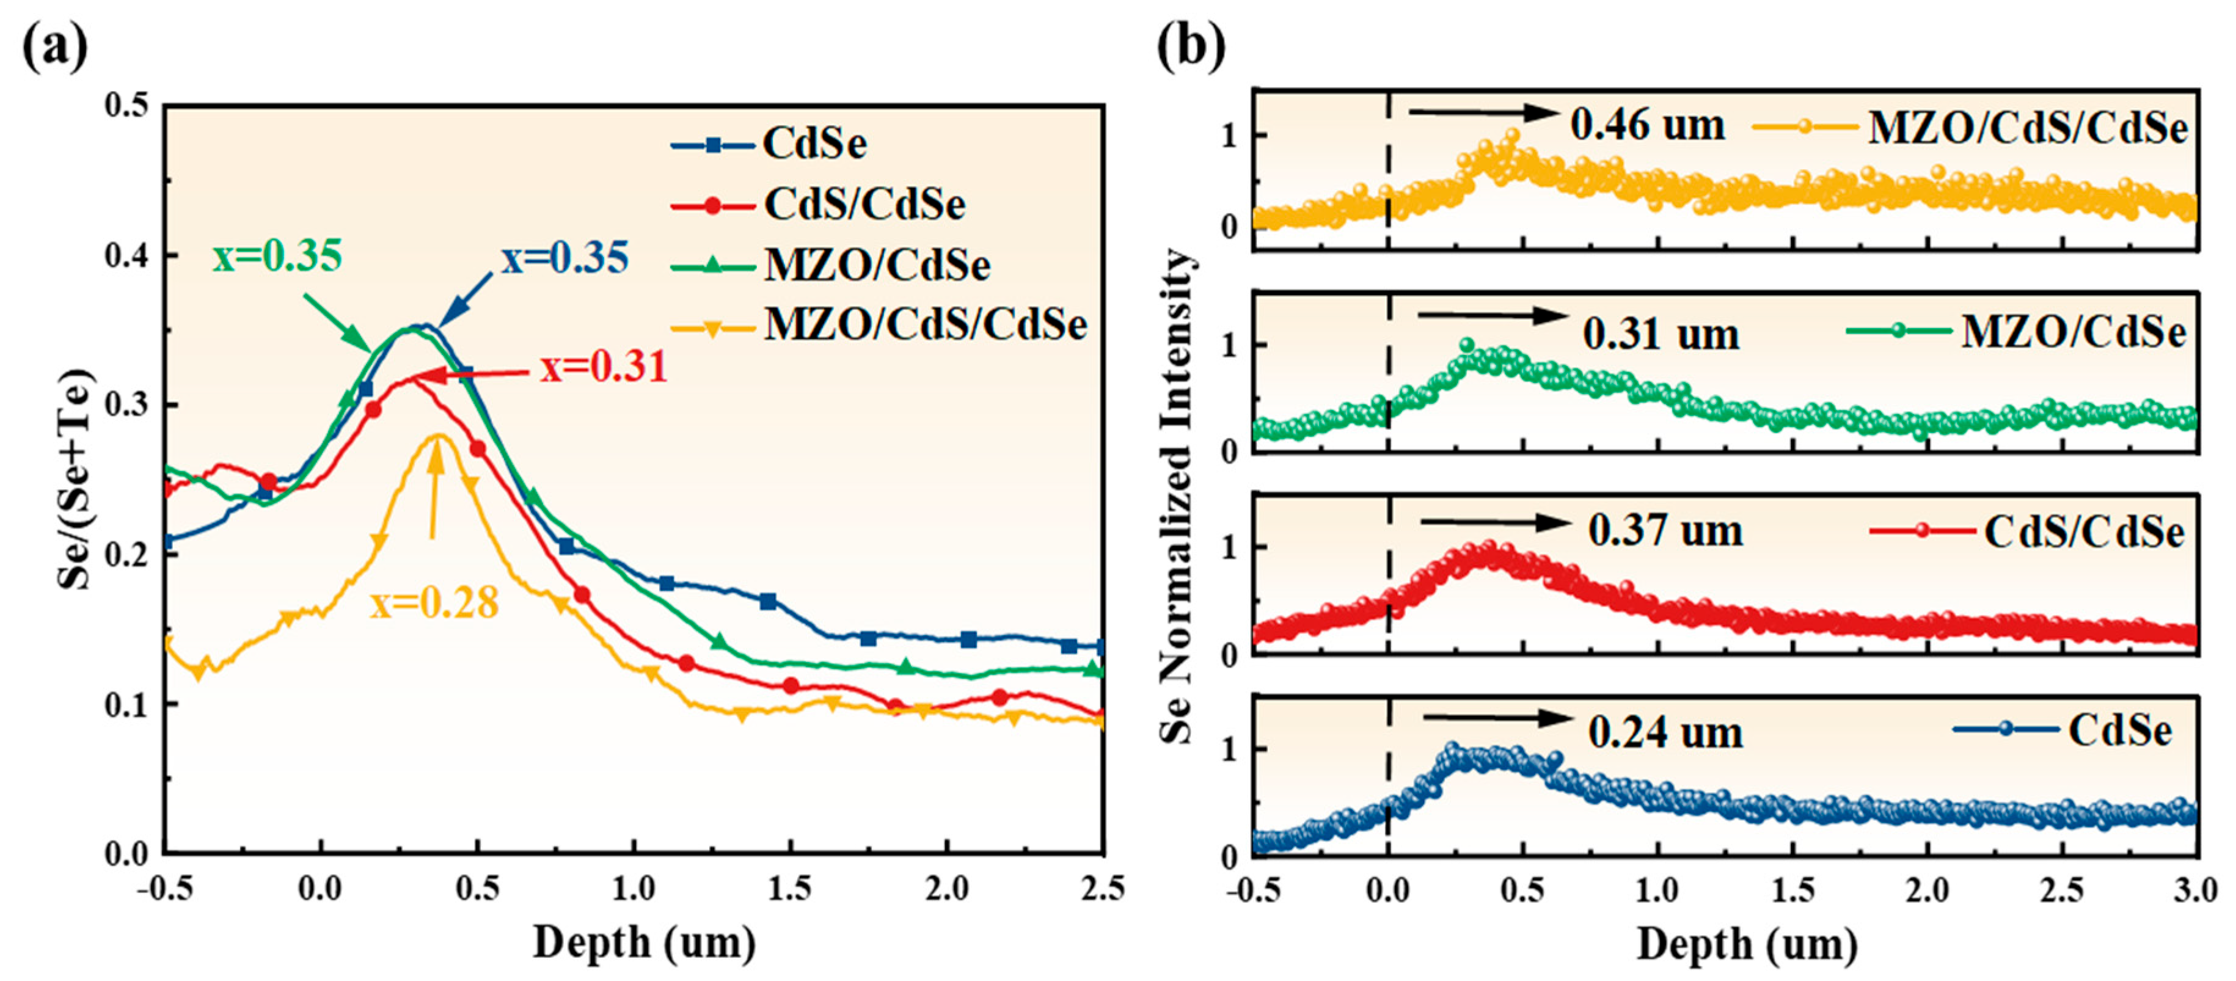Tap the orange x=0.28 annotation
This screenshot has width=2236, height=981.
click(x=435, y=602)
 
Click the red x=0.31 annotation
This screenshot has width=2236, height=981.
click(x=603, y=367)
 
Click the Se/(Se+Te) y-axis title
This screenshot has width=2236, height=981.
click(x=76, y=480)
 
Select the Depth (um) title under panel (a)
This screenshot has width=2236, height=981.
click(x=644, y=943)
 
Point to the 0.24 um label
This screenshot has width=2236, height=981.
click(x=1665, y=733)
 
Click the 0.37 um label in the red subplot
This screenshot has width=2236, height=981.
click(x=1665, y=530)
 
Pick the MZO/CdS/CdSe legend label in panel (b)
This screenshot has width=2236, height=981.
click(x=2028, y=128)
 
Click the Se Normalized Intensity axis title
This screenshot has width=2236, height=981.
click(x=1177, y=495)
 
